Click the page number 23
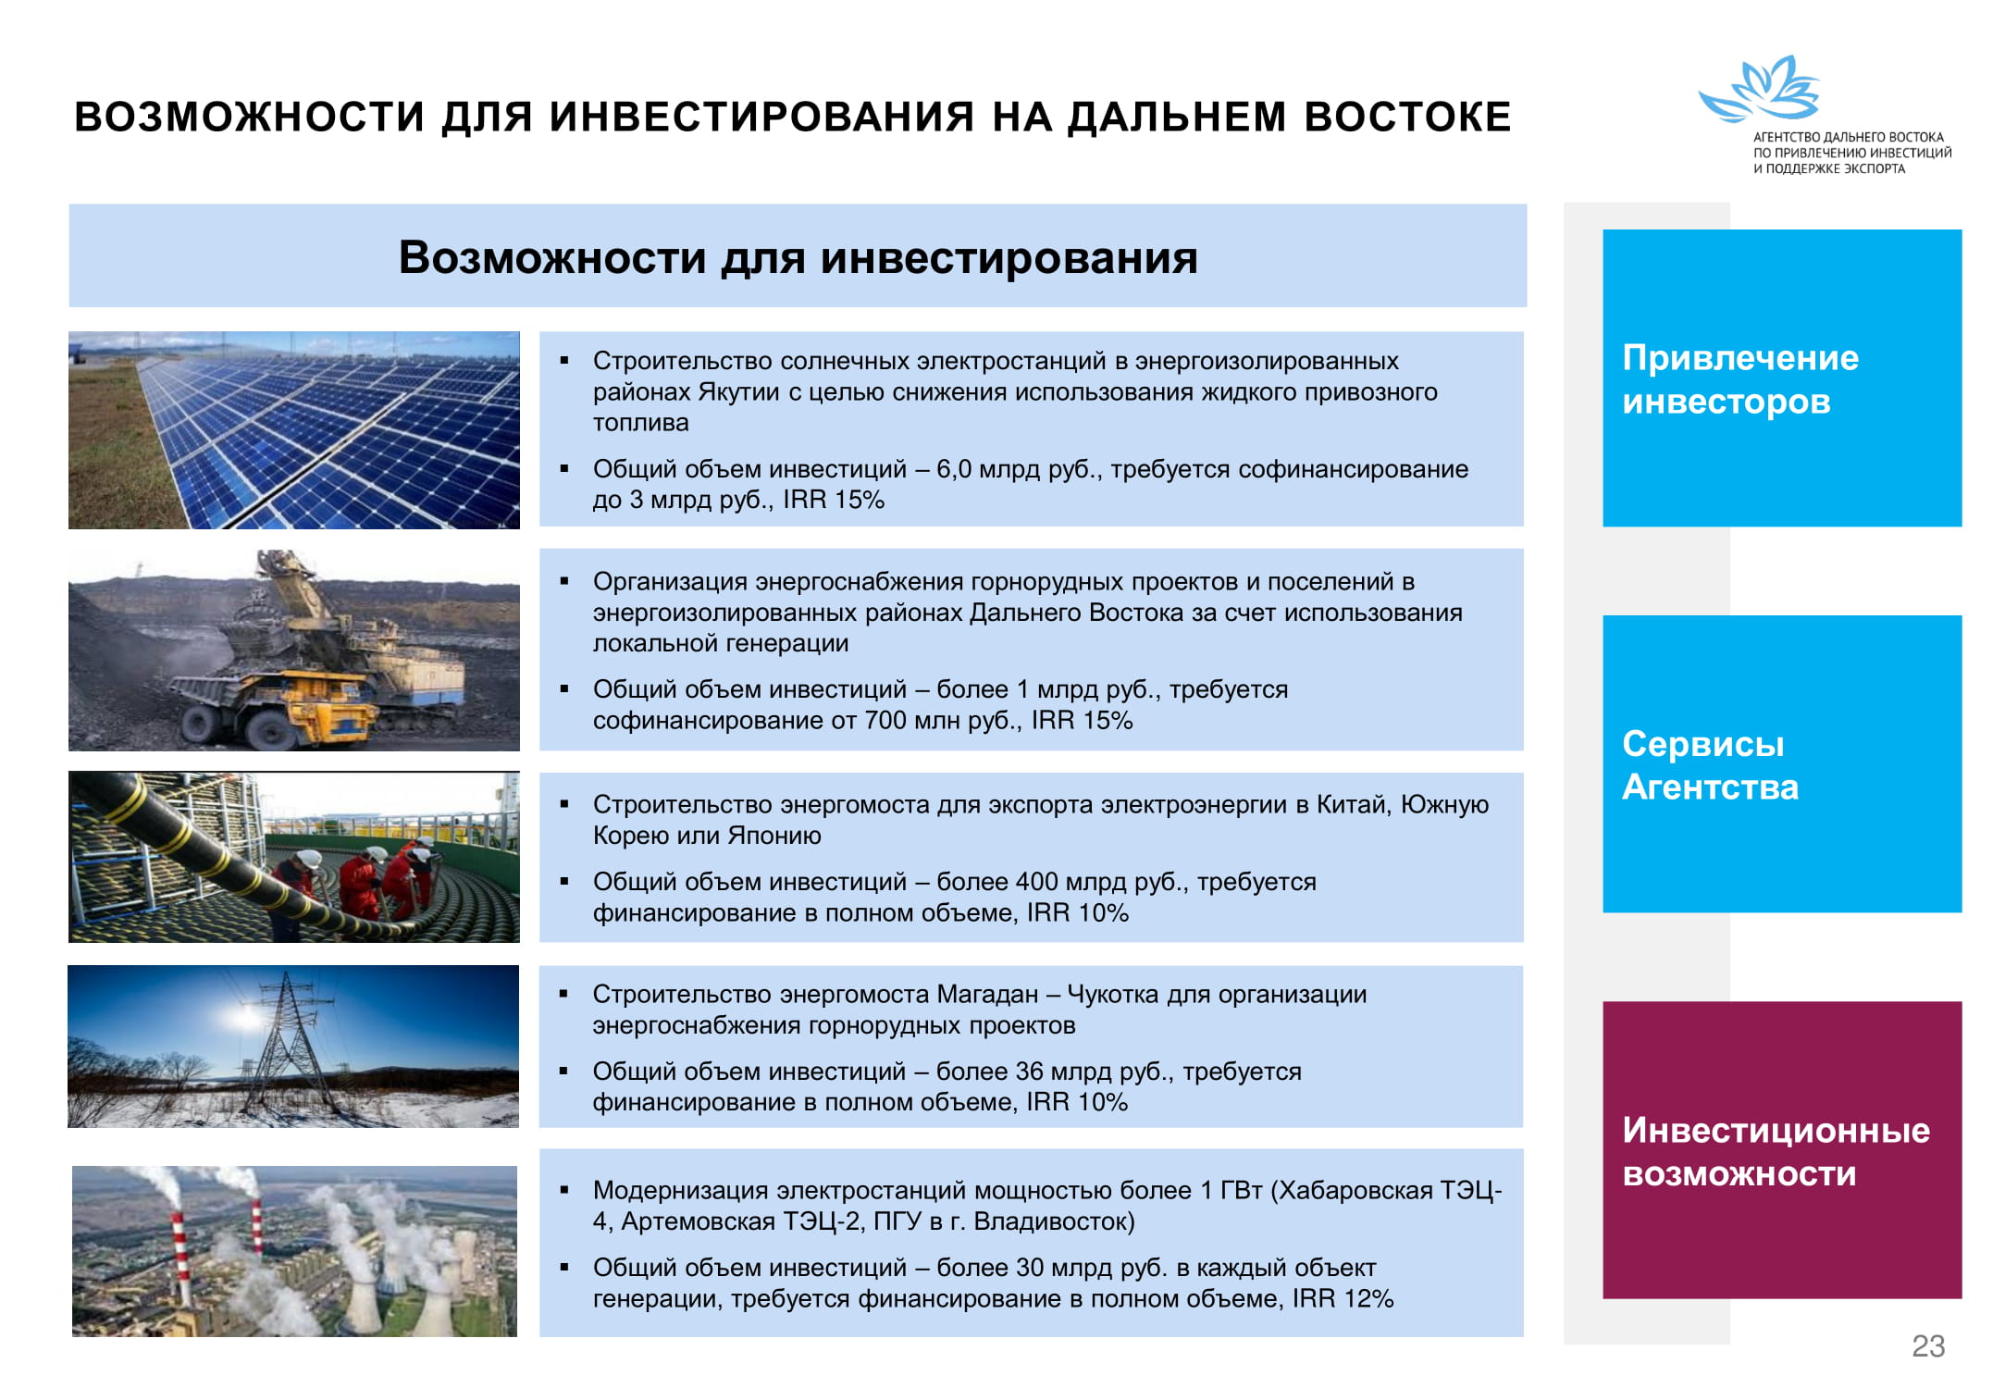(1928, 1345)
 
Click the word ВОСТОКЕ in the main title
(1407, 117)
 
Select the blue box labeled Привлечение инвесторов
(1782, 378)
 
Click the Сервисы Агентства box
(1782, 763)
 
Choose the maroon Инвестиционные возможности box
(1782, 1149)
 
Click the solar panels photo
(294, 430)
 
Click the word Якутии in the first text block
(738, 392)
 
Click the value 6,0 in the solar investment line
(953, 469)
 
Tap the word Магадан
(987, 994)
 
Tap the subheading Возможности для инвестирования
(798, 257)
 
